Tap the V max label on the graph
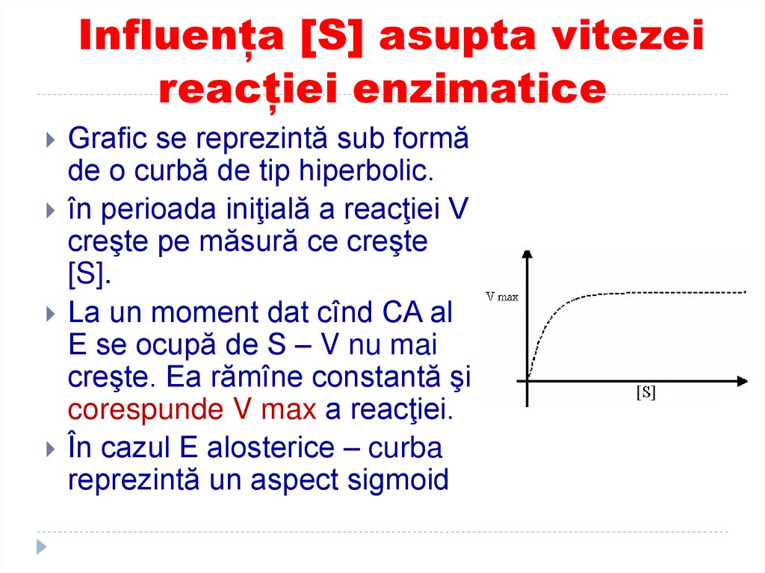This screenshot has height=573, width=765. (502, 296)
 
